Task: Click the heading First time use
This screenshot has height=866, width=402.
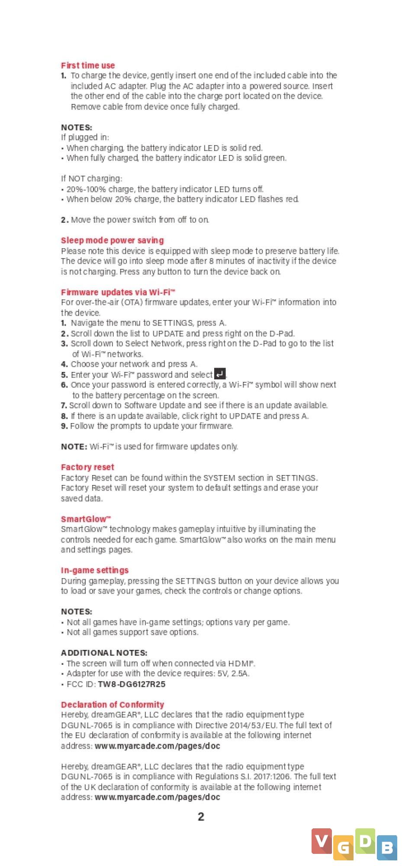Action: [x=88, y=65]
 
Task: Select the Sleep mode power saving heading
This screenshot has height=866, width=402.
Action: [x=113, y=240]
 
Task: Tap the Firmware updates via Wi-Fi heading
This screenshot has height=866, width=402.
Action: [x=118, y=292]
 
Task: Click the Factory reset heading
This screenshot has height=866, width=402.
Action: [x=87, y=467]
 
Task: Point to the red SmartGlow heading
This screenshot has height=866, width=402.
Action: [x=86, y=519]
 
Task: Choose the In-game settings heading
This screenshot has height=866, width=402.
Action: [x=95, y=570]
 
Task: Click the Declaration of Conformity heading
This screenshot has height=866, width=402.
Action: [x=113, y=704]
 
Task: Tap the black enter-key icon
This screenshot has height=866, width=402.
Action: [x=220, y=374]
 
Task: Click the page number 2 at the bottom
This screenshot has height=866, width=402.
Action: [x=201, y=817]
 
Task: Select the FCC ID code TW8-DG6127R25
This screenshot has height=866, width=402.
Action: [x=132, y=684]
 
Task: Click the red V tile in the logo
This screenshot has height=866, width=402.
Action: [x=321, y=841]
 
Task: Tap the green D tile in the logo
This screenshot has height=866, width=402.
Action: [x=365, y=841]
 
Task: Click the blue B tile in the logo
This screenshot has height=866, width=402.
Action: [x=387, y=847]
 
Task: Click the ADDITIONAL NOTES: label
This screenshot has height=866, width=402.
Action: [x=104, y=653]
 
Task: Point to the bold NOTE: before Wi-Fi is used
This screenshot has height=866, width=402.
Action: [x=74, y=446]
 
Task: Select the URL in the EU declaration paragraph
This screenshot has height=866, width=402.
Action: [x=158, y=746]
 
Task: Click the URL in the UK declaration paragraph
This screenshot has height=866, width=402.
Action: [x=158, y=797]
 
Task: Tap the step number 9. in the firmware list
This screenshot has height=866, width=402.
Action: [x=64, y=426]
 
